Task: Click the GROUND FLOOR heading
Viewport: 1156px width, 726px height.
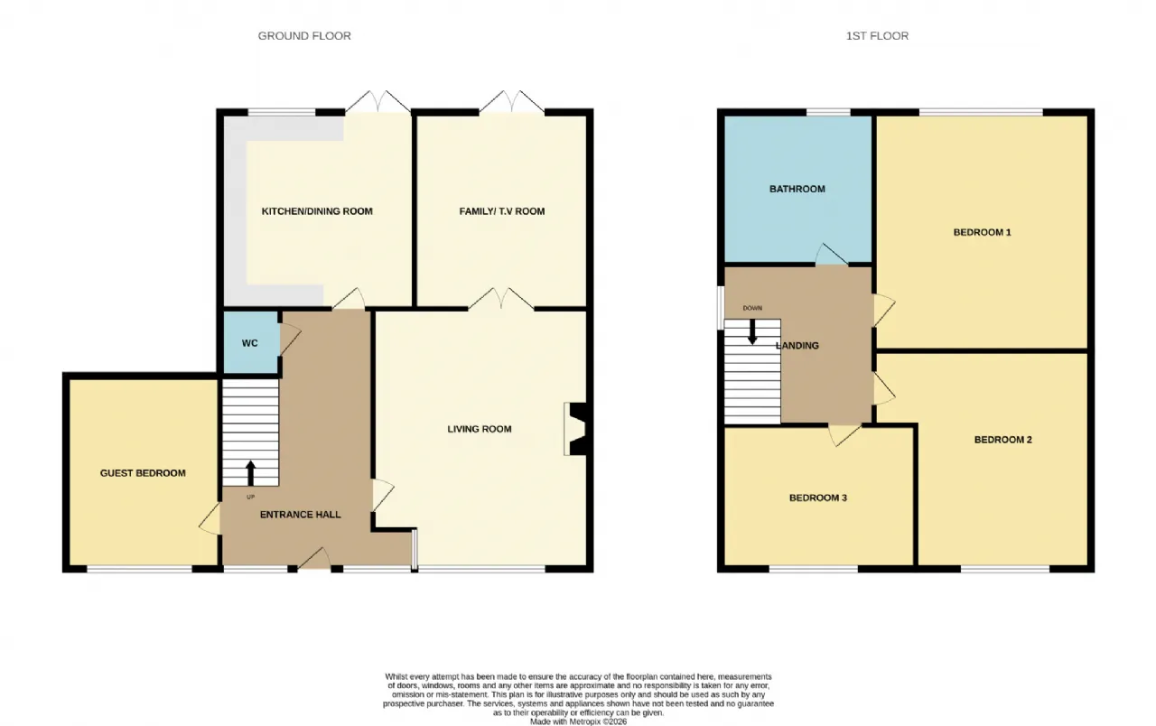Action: point(304,35)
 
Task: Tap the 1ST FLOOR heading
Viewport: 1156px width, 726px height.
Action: point(877,35)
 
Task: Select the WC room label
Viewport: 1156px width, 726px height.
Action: point(250,343)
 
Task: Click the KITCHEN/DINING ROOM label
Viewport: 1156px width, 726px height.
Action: point(317,211)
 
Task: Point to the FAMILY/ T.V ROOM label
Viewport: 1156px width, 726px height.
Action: point(501,211)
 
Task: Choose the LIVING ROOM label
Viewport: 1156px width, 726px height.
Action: point(480,429)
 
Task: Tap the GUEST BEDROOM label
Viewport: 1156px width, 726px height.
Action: point(143,473)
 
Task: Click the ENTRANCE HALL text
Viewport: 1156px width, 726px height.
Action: point(301,515)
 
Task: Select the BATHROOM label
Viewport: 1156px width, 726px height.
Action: point(797,189)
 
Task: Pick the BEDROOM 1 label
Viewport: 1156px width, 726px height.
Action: point(982,232)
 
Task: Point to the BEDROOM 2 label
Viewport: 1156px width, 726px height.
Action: point(1003,440)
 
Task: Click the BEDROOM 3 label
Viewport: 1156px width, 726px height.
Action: point(818,498)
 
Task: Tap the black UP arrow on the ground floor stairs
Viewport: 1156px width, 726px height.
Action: point(250,473)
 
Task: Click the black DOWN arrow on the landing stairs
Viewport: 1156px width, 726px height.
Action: point(752,331)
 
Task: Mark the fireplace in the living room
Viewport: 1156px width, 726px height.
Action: point(575,429)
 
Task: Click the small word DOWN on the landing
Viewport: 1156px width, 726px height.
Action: point(752,308)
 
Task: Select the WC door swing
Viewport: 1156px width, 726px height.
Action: point(290,339)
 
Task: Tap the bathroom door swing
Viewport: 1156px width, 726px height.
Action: point(832,255)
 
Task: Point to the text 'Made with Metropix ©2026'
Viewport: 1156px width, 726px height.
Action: point(579,721)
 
